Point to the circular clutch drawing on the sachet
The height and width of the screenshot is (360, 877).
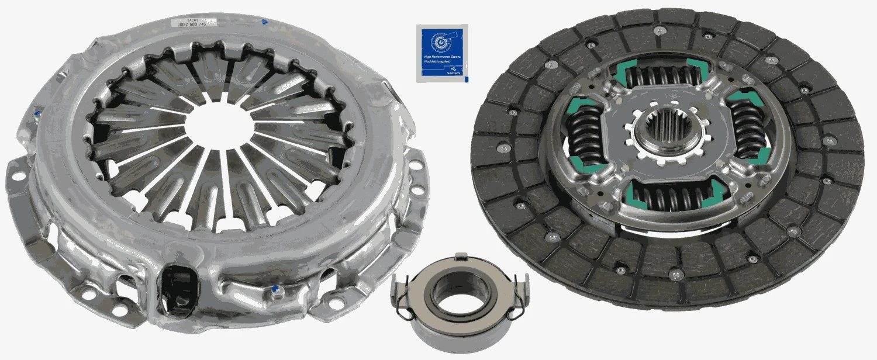pos(441,40)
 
